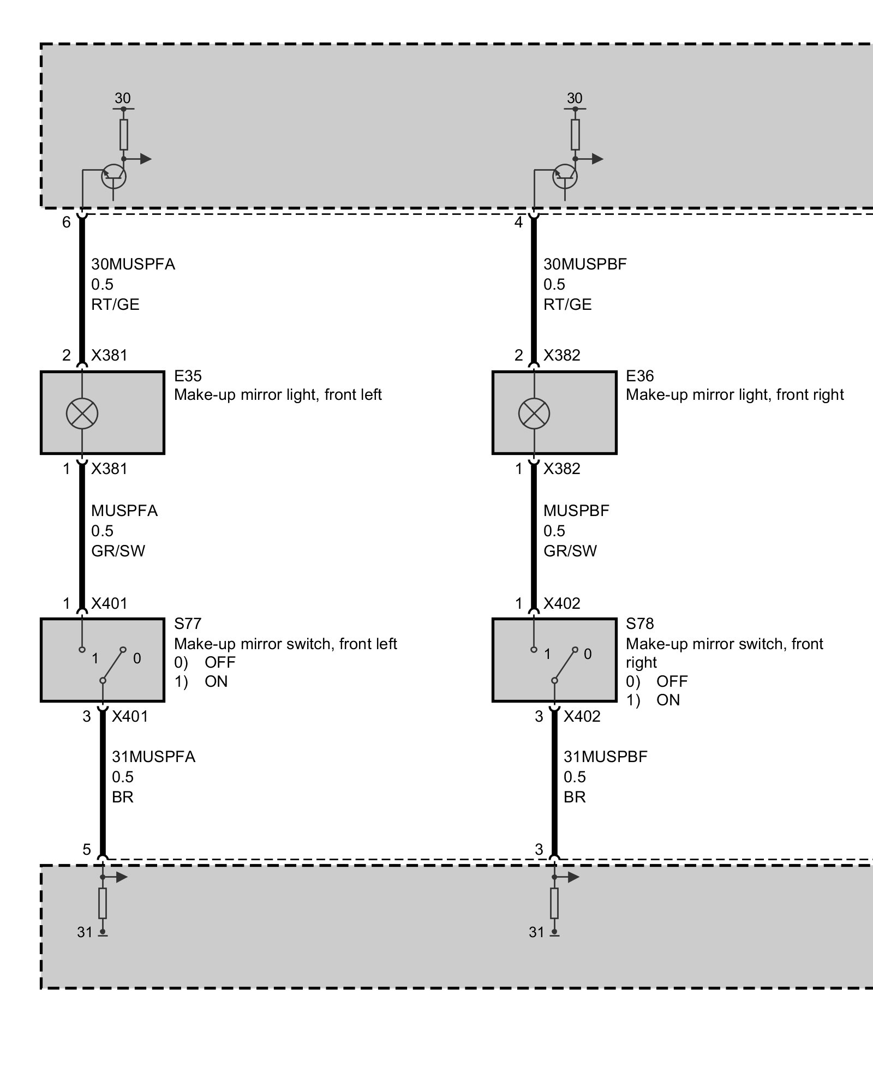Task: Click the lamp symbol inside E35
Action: [x=82, y=413]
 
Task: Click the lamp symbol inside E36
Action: [x=534, y=413]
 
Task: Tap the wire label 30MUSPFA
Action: [x=133, y=264]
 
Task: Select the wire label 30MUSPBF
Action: [x=584, y=264]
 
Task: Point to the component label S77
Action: [x=187, y=623]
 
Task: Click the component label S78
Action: [x=639, y=623]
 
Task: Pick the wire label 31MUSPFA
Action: [x=153, y=757]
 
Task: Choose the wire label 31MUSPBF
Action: [x=605, y=757]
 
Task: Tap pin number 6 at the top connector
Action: [x=67, y=223]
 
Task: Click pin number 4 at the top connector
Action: [x=518, y=223]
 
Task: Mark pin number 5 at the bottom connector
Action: [x=87, y=849]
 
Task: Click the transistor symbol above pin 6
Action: [x=113, y=176]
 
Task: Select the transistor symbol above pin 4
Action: [x=565, y=176]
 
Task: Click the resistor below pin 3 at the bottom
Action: [x=554, y=903]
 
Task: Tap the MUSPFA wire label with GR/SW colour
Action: [x=124, y=511]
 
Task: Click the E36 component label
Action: [x=639, y=376]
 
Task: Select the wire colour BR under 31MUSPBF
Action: [x=575, y=797]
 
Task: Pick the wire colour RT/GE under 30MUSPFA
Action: [x=115, y=304]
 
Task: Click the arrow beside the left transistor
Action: [x=145, y=159]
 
